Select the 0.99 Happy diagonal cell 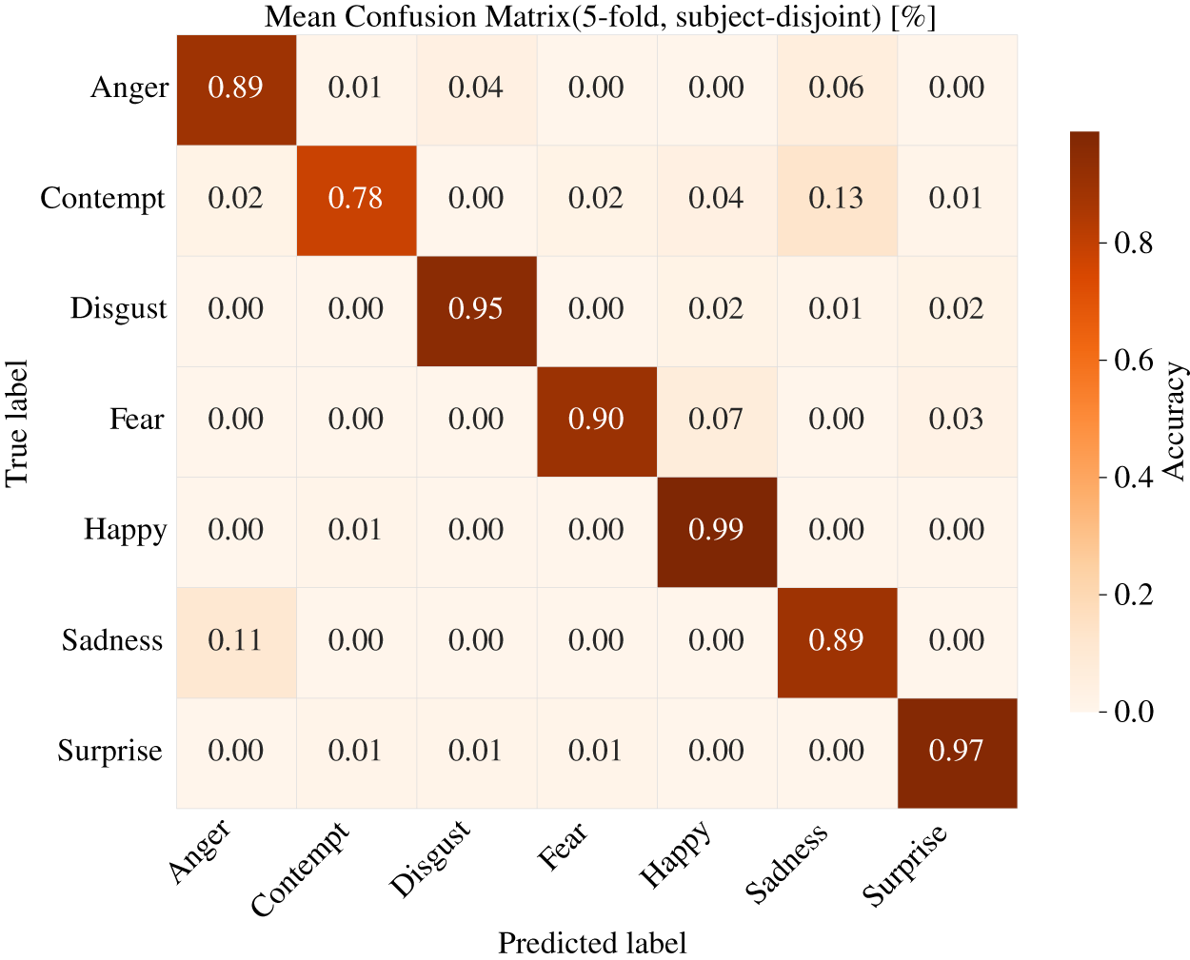click(x=717, y=532)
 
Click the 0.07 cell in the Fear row click(x=717, y=421)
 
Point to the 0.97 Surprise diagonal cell click(x=957, y=753)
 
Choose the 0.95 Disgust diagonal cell click(x=477, y=311)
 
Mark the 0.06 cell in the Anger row click(x=837, y=89)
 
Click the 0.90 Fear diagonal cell click(x=597, y=421)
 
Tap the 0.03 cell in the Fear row click(x=957, y=421)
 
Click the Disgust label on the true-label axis click(x=118, y=309)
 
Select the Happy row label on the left click(x=125, y=530)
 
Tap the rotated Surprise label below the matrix click(x=904, y=866)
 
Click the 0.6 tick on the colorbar click(x=1127, y=360)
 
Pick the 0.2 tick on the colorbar click(x=1127, y=595)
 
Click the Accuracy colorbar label click(x=1175, y=421)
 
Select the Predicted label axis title click(x=592, y=943)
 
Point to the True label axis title click(x=16, y=424)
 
